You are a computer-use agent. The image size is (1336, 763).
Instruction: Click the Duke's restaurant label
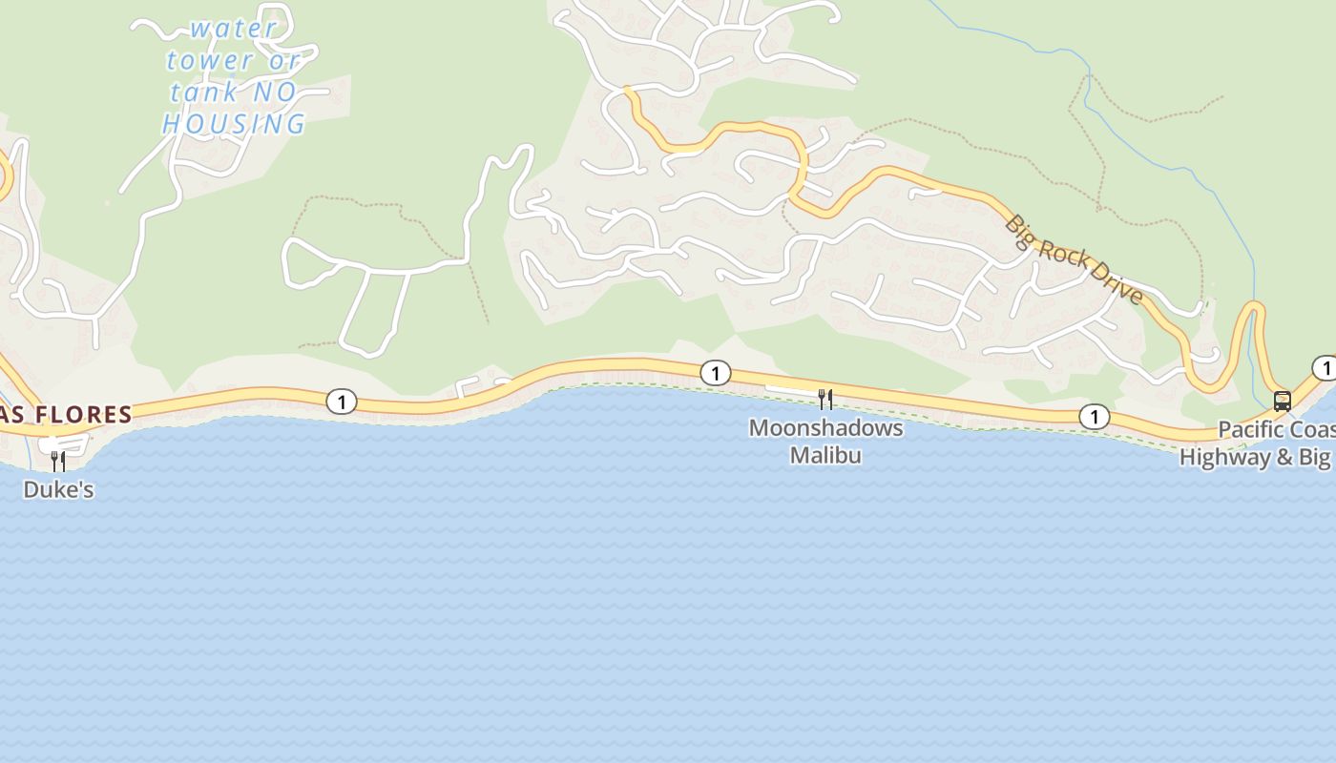58,489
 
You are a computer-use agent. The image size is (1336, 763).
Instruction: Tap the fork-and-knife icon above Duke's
58,461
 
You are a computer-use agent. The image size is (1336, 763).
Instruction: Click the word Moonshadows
825,427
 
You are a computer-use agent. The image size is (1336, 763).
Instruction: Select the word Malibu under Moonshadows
825,455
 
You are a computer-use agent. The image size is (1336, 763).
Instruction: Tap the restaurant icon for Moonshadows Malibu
825,399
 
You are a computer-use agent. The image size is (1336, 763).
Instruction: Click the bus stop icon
1283,401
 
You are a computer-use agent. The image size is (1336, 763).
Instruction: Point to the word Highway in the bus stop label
1224,457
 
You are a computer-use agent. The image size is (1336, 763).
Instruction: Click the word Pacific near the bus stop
1255,429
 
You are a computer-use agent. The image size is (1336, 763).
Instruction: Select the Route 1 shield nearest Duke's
341,402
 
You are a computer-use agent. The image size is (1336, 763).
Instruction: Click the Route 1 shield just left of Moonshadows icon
715,373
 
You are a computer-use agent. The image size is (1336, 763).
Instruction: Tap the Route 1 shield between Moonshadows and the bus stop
1094,416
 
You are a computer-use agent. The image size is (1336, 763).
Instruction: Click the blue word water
233,29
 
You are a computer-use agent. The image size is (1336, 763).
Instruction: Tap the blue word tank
203,93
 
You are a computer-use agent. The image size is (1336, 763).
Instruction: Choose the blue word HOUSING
234,124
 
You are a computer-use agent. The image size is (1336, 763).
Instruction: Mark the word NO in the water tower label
275,93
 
